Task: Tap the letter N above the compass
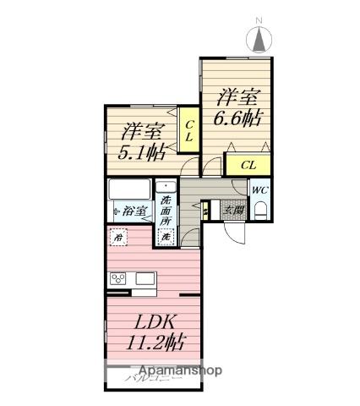(x=260, y=19)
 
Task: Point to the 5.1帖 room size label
(x=140, y=153)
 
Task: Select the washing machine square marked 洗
(x=166, y=238)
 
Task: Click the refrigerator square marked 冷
(x=118, y=238)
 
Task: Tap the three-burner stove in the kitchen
(x=118, y=279)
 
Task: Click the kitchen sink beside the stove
(x=144, y=279)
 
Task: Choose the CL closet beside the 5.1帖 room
(x=188, y=131)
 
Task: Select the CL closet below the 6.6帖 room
(x=248, y=165)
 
